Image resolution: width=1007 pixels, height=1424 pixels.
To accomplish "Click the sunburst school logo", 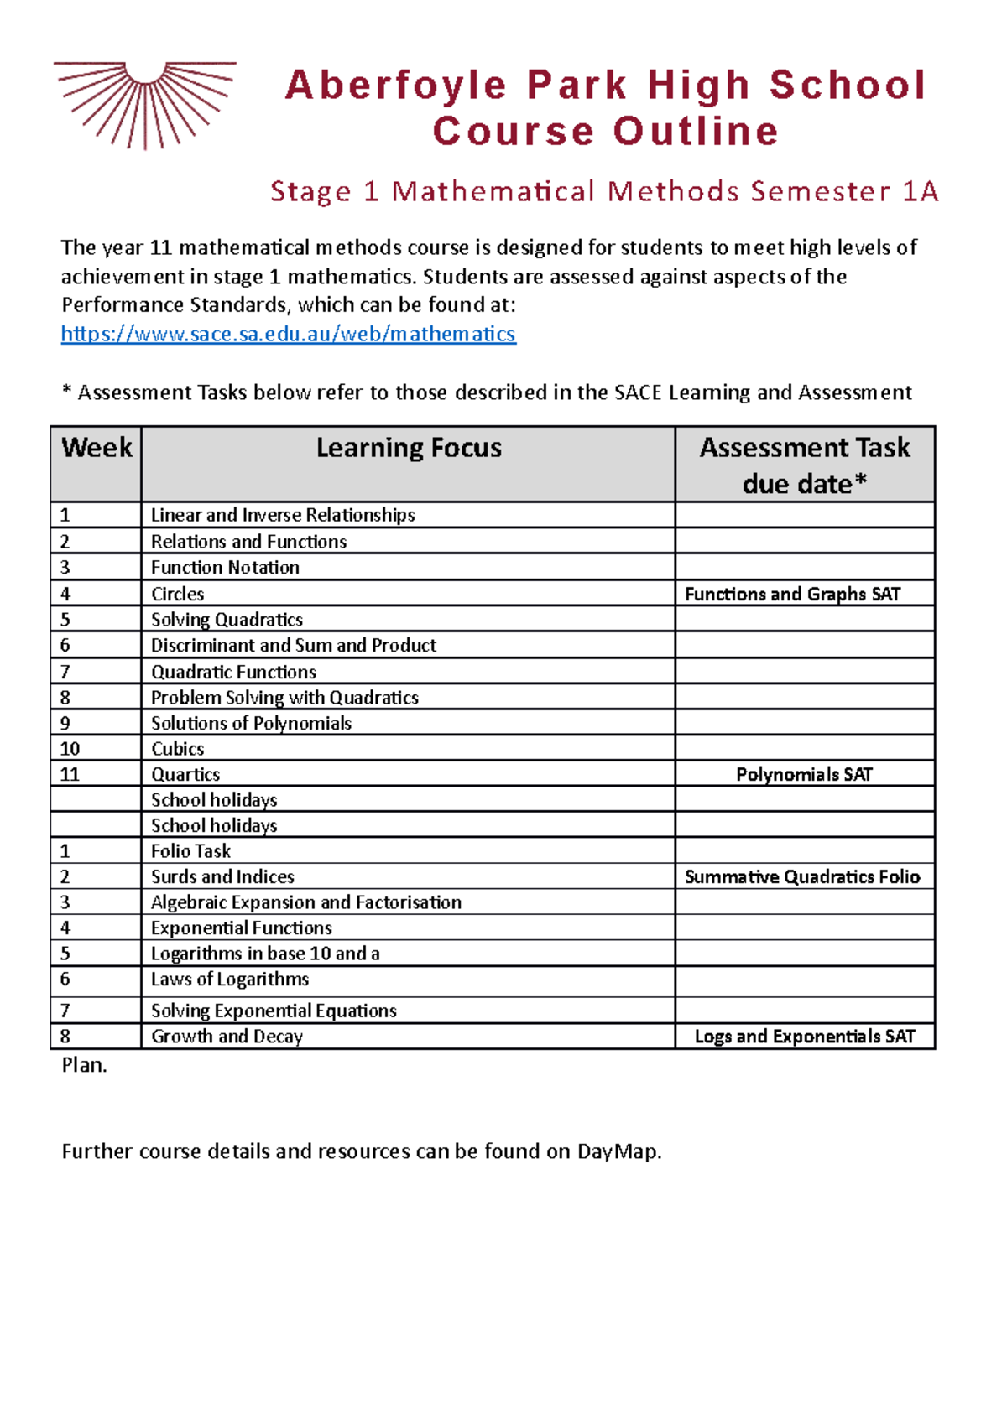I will (144, 103).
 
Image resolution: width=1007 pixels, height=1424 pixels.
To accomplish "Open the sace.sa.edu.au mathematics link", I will (288, 334).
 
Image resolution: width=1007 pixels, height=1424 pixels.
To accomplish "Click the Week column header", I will (97, 448).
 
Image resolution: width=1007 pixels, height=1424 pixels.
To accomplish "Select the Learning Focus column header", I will (409, 448).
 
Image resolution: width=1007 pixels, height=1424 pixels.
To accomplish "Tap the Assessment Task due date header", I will (804, 465).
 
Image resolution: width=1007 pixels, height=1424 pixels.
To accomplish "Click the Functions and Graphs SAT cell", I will (792, 594).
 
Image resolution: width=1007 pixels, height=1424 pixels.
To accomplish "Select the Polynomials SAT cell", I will (804, 774).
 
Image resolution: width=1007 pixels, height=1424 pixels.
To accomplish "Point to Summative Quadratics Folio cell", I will (802, 876).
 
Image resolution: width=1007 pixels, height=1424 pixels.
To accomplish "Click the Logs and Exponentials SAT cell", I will (804, 1036).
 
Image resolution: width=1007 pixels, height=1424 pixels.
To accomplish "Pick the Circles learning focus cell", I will (178, 594).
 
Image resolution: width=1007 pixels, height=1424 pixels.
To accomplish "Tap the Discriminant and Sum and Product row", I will (294, 645).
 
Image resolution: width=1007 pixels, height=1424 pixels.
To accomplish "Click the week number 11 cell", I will (70, 774).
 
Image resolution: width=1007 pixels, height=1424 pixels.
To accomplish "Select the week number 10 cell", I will (70, 748).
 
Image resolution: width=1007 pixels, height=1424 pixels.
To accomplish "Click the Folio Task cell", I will (191, 850).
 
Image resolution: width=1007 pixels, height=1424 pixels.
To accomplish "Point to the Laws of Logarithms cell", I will (230, 979).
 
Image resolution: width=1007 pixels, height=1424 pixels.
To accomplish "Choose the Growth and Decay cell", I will (227, 1036).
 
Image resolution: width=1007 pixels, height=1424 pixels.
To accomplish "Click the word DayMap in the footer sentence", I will (618, 1151).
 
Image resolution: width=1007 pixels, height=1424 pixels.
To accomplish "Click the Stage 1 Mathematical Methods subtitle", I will (604, 191).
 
